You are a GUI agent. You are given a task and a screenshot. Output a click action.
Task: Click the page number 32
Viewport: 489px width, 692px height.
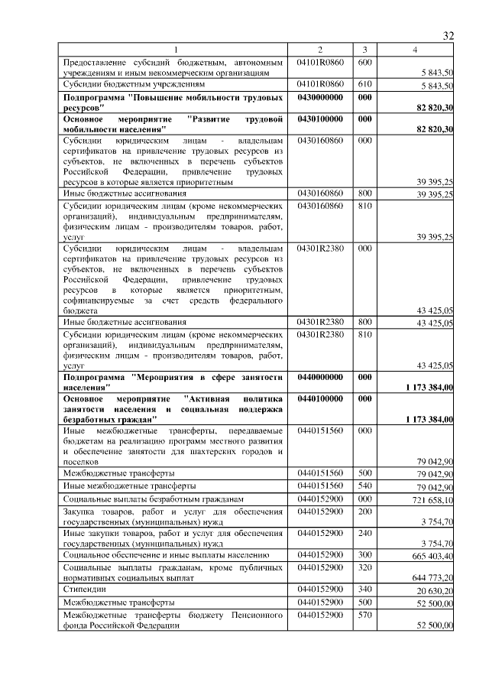[x=449, y=36]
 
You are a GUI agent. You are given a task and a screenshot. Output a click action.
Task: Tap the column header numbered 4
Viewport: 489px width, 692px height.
[x=415, y=50]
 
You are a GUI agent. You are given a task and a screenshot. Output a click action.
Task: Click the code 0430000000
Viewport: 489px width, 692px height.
[x=320, y=98]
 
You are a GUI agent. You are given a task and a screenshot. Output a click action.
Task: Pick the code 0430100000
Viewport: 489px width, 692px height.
[x=320, y=119]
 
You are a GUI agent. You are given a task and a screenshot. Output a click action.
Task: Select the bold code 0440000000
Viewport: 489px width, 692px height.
[x=320, y=377]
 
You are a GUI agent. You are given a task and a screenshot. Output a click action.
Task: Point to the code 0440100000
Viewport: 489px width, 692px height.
[x=320, y=398]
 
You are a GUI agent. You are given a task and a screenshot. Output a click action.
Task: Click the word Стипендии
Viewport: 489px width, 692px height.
[x=86, y=590]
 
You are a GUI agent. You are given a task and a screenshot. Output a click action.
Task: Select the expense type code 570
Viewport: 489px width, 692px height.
[x=364, y=614]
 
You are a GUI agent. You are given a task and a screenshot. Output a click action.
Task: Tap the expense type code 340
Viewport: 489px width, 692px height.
[x=364, y=590]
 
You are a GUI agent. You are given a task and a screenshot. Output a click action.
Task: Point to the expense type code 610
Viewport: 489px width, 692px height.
[x=364, y=83]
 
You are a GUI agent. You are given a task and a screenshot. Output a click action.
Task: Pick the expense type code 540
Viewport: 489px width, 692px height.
[x=364, y=486]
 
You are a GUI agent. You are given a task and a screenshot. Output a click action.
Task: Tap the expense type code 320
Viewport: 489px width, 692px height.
[x=364, y=568]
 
